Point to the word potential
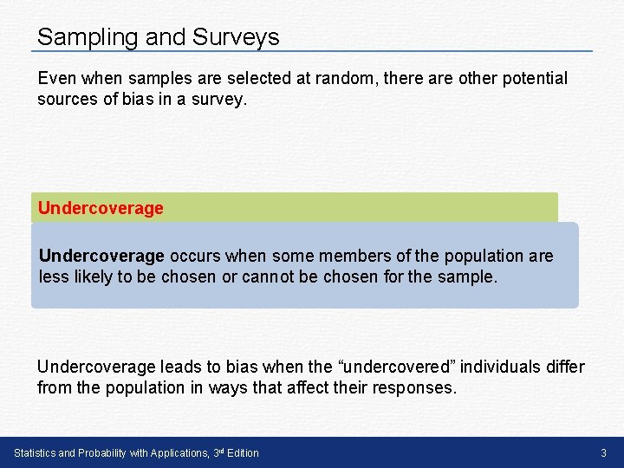pyautogui.click(x=530, y=78)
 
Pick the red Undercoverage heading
pyautogui.click(x=101, y=208)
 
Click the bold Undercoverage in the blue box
pyautogui.click(x=101, y=256)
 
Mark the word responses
pyautogui.click(x=413, y=388)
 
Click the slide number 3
pyautogui.click(x=603, y=453)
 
